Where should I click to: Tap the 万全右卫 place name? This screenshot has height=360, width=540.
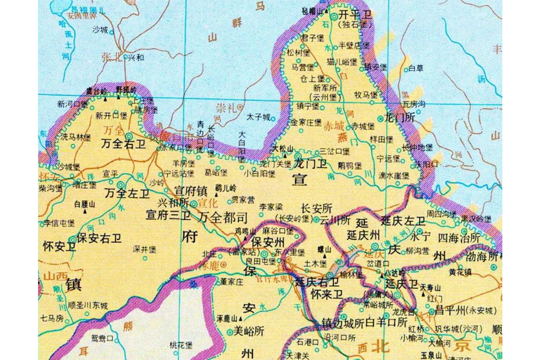tap(123, 144)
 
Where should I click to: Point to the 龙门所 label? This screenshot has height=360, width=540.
tap(400, 117)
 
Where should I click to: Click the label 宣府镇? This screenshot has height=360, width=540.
tap(191, 191)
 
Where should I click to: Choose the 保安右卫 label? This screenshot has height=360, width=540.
tap(99, 238)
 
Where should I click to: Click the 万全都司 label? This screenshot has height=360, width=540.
tap(223, 217)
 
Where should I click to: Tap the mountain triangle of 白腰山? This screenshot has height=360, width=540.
tap(85, 211)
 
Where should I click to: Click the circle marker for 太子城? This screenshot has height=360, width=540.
tap(273, 118)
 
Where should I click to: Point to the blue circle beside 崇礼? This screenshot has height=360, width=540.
tap(240, 107)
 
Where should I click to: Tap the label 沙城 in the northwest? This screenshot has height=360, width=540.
tap(100, 29)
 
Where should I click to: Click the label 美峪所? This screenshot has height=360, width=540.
tap(249, 331)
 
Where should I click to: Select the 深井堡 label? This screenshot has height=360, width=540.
tap(144, 249)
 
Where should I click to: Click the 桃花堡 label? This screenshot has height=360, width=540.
tap(181, 345)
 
